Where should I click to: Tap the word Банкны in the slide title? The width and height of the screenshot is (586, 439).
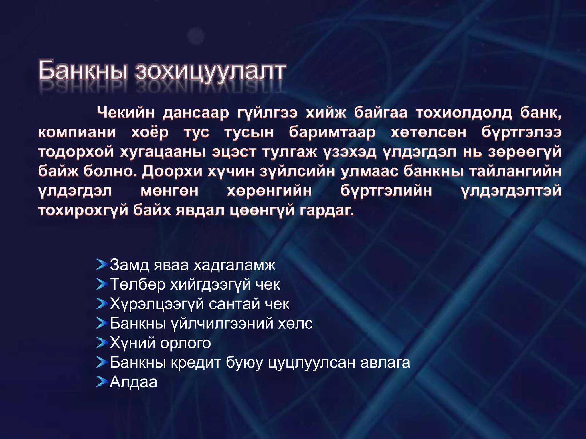(83, 70)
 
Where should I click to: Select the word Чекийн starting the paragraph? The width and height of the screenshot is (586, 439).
(126, 113)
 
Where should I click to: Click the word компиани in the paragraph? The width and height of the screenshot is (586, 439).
(77, 132)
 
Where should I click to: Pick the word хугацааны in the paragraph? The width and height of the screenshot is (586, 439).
(163, 152)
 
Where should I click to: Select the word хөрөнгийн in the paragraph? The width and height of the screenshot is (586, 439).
(269, 191)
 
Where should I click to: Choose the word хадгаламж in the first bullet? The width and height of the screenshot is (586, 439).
(234, 265)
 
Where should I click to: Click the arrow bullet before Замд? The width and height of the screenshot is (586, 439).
(102, 265)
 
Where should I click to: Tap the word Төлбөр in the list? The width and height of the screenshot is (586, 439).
(138, 284)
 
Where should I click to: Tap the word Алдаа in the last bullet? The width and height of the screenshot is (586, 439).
(133, 382)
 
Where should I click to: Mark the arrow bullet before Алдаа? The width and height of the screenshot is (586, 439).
(102, 382)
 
